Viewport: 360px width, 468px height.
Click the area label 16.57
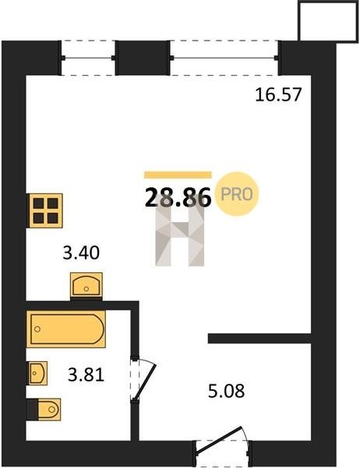tap(278, 95)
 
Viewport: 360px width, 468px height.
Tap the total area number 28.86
tap(178, 197)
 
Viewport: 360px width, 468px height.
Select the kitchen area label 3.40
tap(81, 253)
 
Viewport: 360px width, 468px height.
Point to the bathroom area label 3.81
tap(86, 374)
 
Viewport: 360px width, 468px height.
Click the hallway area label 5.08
tap(226, 391)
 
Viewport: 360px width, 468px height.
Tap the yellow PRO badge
tap(237, 194)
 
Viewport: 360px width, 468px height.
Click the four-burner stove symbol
tap(44, 211)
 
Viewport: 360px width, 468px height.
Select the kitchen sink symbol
tap(86, 286)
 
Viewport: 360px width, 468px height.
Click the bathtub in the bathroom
tap(66, 329)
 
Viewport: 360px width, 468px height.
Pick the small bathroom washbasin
tap(37, 373)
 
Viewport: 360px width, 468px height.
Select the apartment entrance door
tap(223, 445)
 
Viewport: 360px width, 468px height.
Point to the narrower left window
tap(88, 58)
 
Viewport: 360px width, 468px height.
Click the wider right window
tap(224, 58)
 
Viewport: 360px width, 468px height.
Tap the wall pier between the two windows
tap(143, 58)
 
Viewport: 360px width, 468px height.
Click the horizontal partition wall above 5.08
tap(259, 339)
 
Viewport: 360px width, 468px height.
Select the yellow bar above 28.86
tap(178, 175)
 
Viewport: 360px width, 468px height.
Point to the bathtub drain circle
tap(37, 329)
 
